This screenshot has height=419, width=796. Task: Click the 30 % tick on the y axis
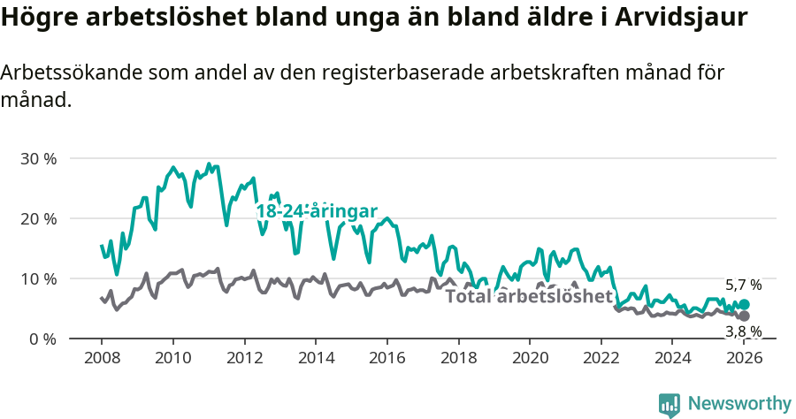38,159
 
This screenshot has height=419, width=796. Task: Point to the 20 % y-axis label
38,218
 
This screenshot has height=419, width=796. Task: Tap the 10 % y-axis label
38,278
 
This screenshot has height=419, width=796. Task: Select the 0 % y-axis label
42,339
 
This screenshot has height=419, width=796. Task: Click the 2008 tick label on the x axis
101,358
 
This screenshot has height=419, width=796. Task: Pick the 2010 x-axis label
172,358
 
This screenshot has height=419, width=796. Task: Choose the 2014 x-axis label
316,358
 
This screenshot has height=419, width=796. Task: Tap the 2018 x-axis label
459,358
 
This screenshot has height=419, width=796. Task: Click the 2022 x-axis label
601,358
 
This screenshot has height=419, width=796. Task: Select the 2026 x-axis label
745,358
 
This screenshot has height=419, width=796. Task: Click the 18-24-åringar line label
317,211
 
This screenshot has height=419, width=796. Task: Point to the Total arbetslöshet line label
529,296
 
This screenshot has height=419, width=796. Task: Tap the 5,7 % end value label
743,286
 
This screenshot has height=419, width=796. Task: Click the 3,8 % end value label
743,331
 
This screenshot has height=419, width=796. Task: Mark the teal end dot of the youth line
745,304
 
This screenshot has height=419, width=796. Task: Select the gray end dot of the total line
745,316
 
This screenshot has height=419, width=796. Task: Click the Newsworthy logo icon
670,405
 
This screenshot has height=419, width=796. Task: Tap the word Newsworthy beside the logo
739,404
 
